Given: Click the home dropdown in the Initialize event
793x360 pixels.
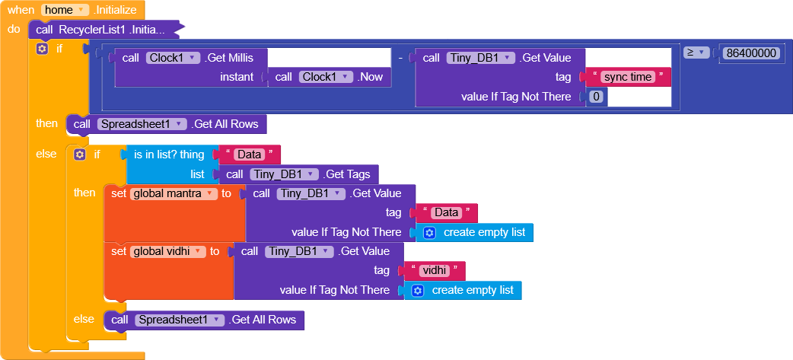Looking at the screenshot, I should pyautogui.click(x=64, y=10).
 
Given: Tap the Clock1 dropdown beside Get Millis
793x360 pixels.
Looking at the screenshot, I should pyautogui.click(x=173, y=57).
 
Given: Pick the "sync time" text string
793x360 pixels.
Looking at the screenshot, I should pyautogui.click(x=627, y=77).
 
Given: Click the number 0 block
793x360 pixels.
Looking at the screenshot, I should pyautogui.click(x=597, y=97).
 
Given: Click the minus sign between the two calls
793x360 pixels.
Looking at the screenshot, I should pyautogui.click(x=400, y=58).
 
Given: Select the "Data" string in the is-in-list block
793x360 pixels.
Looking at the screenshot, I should pyautogui.click(x=250, y=155).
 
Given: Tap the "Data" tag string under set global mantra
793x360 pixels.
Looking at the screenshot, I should pyautogui.click(x=446, y=212).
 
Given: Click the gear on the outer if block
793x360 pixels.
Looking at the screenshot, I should pyautogui.click(x=42, y=49).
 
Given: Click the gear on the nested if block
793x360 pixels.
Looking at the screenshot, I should pyautogui.click(x=79, y=155).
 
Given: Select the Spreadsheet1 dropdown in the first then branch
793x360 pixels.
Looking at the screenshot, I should pyautogui.click(x=142, y=124).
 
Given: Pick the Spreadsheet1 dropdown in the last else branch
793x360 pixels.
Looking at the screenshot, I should pyautogui.click(x=180, y=320).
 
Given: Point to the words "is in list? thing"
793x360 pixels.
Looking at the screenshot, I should pyautogui.click(x=169, y=155).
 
